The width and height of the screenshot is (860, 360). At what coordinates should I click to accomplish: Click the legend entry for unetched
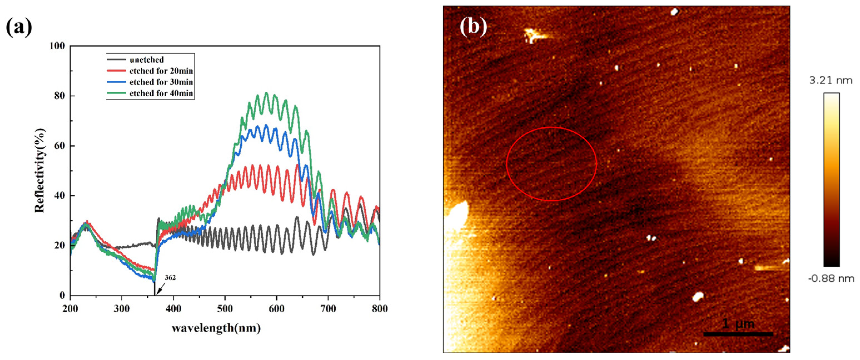click(x=147, y=60)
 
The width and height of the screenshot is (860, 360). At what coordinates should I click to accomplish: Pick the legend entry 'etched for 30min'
click(x=161, y=82)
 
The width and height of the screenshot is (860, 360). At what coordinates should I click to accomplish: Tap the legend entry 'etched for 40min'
click(x=161, y=93)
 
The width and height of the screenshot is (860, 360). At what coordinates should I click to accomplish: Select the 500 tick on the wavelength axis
click(x=225, y=308)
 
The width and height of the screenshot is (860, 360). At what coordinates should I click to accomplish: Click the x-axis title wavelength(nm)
click(x=216, y=328)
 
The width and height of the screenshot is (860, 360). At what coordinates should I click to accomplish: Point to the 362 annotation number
click(x=170, y=278)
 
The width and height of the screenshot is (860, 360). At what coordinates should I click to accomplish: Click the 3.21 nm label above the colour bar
click(x=831, y=81)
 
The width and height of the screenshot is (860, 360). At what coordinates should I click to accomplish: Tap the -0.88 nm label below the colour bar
click(x=831, y=278)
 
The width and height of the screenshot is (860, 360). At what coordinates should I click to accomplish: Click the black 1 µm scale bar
click(x=738, y=334)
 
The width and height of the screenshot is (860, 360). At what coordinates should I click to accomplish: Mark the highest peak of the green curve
click(x=266, y=93)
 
